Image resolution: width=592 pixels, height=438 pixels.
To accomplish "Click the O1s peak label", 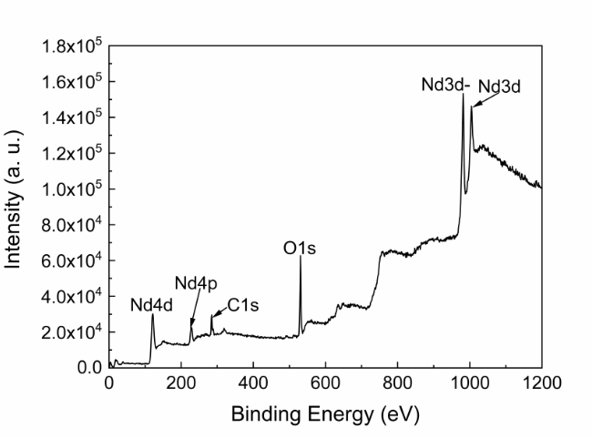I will (300, 247).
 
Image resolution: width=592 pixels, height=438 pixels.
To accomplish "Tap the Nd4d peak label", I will (150, 305).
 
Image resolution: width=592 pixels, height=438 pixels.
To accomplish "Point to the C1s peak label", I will (243, 306).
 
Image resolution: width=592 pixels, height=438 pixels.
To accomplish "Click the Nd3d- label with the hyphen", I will (445, 85).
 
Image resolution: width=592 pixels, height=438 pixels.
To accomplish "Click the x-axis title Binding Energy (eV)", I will (326, 415).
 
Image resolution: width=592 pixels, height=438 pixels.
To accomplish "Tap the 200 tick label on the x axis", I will (181, 384).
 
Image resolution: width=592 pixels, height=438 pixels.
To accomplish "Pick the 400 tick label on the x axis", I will (253, 384).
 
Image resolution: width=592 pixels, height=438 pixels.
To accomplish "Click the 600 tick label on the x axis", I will (325, 384).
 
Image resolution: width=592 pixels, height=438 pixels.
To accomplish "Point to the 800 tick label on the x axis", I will (397, 384).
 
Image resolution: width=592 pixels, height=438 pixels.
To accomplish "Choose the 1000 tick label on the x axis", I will (469, 384).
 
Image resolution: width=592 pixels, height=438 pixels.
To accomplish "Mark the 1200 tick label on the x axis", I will (541, 384).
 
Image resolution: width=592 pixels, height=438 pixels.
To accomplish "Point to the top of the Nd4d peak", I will (153, 315).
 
